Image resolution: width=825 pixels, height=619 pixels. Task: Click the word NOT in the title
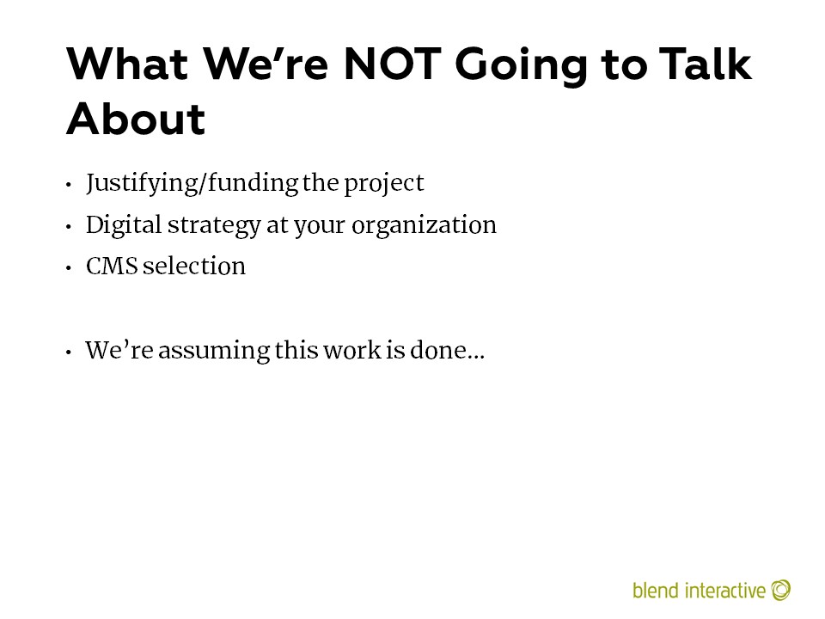tap(392, 64)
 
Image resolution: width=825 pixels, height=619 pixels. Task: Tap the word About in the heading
tap(136, 119)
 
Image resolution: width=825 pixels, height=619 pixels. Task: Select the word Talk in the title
tap(706, 64)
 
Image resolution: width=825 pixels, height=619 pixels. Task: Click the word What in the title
tap(127, 64)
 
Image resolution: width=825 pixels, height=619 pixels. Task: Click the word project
tap(384, 184)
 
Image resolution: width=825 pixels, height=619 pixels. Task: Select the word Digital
tap(124, 226)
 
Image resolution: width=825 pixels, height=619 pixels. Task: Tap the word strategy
tap(214, 226)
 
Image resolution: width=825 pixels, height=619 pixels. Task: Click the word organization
tap(424, 226)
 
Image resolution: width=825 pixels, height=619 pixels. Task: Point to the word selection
tap(194, 266)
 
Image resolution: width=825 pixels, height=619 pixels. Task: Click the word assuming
tap(214, 352)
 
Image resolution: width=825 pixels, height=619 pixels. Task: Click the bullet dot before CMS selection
tap(69, 268)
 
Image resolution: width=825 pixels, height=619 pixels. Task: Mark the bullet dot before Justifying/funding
tap(69, 185)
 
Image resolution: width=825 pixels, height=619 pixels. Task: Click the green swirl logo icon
tap(781, 590)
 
